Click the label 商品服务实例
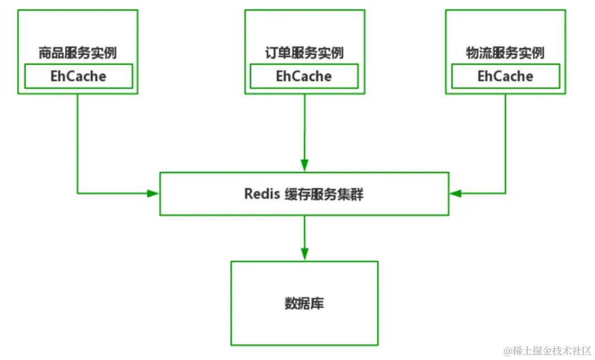(77, 53)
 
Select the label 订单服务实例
(304, 53)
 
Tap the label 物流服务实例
(505, 53)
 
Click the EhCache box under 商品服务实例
(78, 76)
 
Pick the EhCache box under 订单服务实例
(304, 76)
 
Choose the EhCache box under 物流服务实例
(505, 76)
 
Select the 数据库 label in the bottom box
(304, 303)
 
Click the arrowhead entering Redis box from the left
(153, 194)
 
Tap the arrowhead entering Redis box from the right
(456, 194)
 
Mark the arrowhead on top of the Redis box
(304, 165)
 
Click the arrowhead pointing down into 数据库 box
(304, 254)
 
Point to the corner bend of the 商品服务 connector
(78, 194)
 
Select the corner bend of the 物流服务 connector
(505, 194)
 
